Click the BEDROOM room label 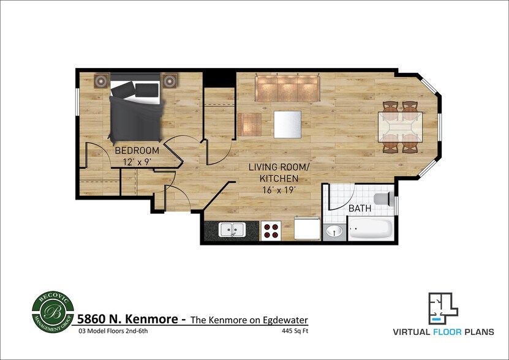click(137, 150)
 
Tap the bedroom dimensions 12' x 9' click(137, 162)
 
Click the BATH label click(360, 209)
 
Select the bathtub click(370, 230)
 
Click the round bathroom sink click(334, 231)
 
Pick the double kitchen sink click(232, 230)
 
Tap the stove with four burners click(271, 230)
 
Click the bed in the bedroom click(135, 110)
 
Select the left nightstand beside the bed click(102, 80)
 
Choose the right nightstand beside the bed click(169, 80)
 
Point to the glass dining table click(401, 127)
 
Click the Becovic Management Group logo click(53, 313)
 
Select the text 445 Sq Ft click(293, 331)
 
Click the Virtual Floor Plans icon click(442, 309)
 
